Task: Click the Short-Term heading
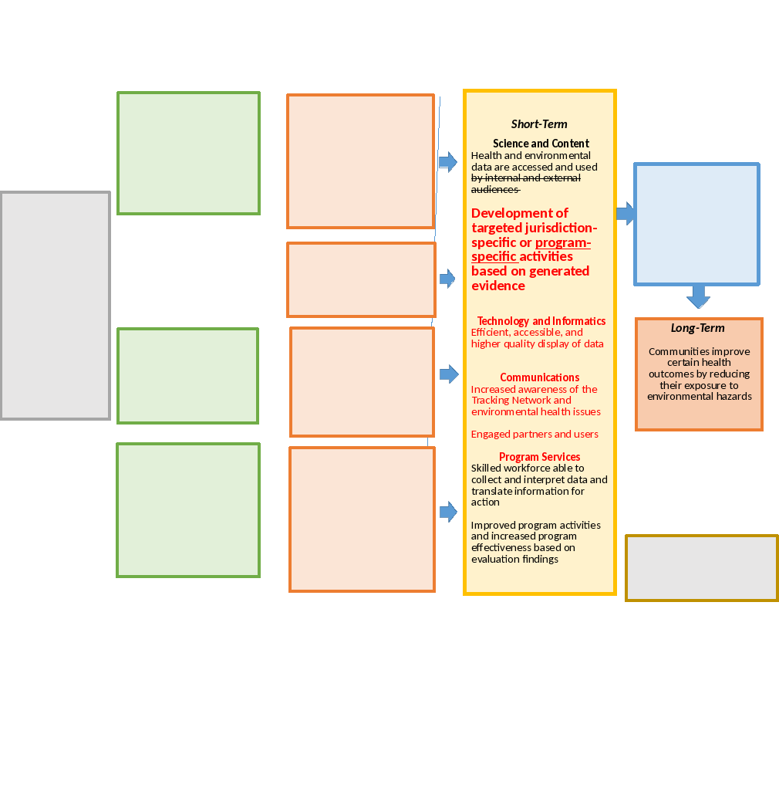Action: [539, 124]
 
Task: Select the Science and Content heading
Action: [541, 144]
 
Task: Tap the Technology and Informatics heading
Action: [541, 321]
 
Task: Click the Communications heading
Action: [539, 377]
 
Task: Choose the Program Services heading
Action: [539, 457]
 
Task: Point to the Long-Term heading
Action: [697, 328]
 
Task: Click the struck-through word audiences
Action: [494, 189]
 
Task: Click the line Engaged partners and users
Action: [535, 435]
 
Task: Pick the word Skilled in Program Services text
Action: [487, 469]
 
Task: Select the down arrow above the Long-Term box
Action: [698, 296]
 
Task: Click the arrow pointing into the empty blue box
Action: [626, 213]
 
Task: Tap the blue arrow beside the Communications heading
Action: [448, 374]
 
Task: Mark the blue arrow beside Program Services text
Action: [448, 512]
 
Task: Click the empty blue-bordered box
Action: [696, 224]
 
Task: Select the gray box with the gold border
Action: [701, 568]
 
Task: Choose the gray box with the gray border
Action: [56, 306]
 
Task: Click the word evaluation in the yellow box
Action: [494, 560]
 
